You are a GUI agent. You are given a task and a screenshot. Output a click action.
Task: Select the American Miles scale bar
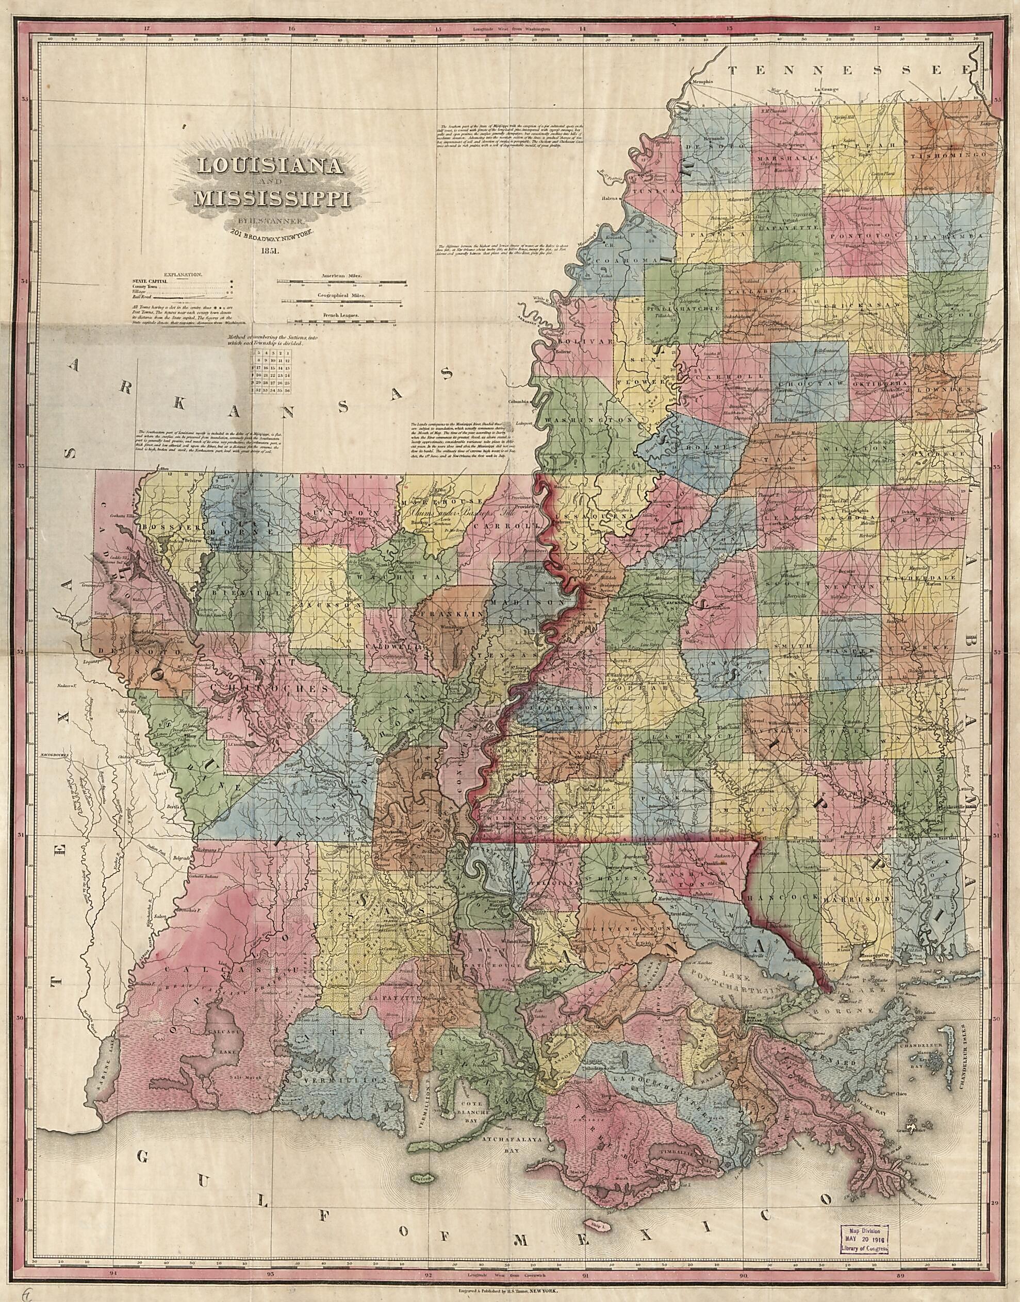point(341,285)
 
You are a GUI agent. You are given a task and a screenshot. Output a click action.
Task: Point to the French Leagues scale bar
point(341,322)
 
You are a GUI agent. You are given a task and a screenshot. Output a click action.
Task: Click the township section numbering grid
point(272,373)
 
